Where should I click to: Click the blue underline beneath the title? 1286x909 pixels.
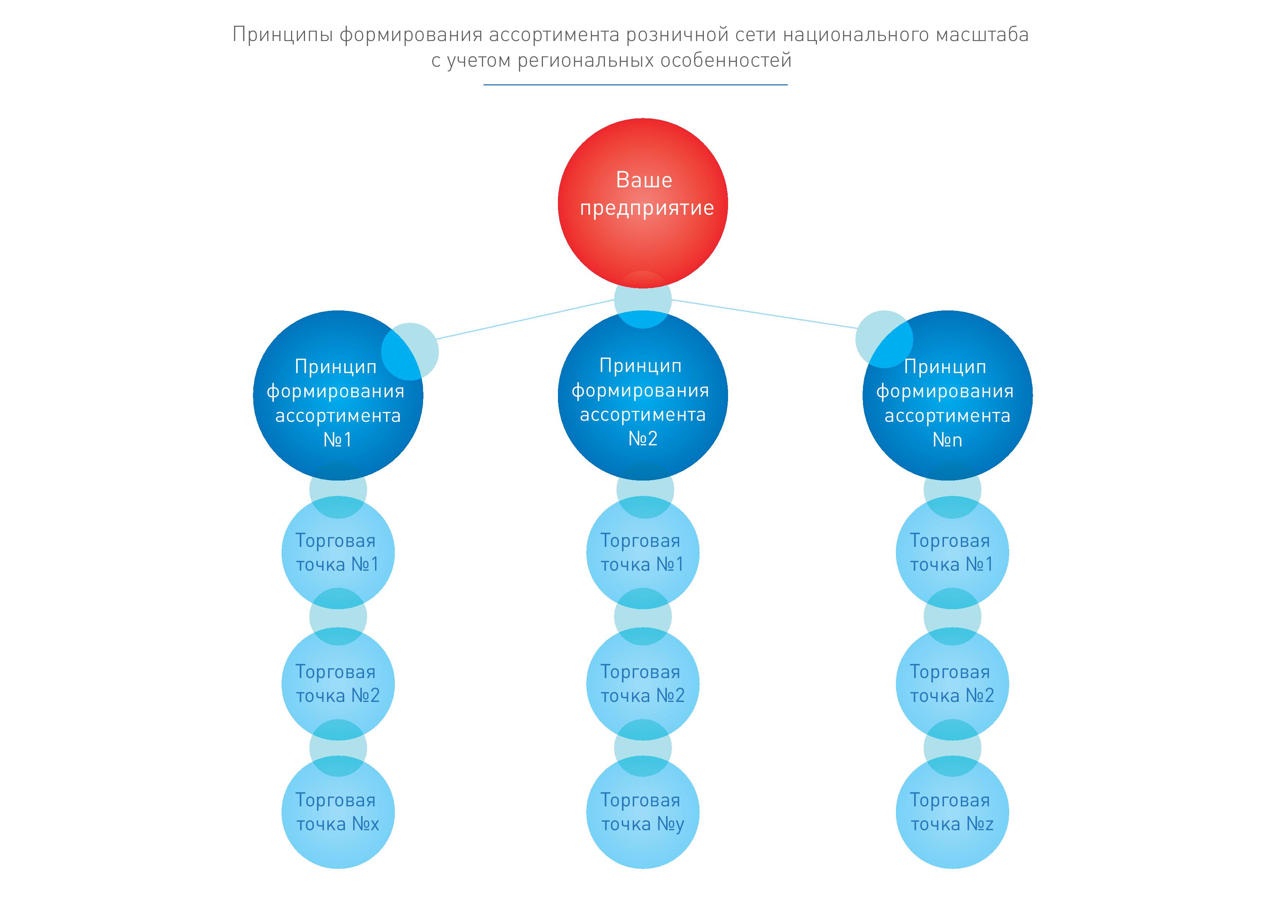point(635,85)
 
